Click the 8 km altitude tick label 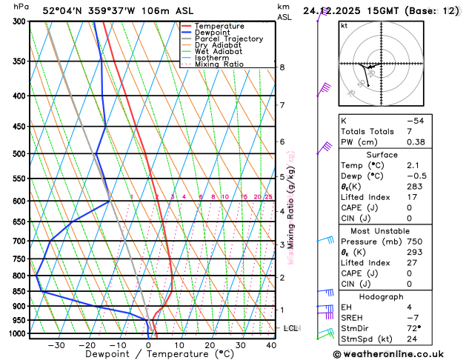tap(282, 67)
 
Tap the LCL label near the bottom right tap(290, 327)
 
